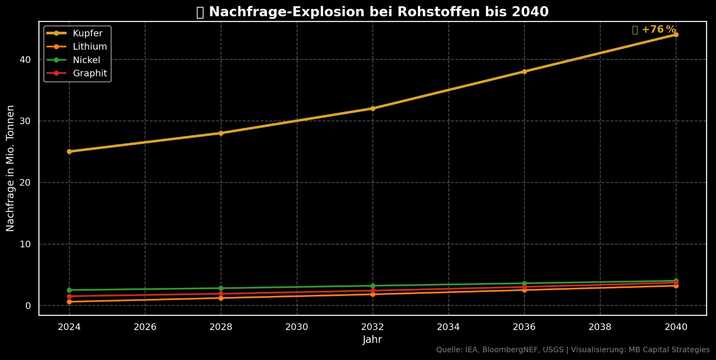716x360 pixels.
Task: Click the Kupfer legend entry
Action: tap(87, 34)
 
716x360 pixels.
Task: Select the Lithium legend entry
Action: tap(89, 47)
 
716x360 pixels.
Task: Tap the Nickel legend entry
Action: tap(86, 60)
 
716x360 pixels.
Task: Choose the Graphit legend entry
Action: tap(89, 74)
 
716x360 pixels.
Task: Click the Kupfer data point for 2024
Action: tap(69, 152)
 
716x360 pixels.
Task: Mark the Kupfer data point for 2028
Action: tap(221, 133)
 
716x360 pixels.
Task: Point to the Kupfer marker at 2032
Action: tap(373, 108)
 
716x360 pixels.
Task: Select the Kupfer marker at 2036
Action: tap(524, 72)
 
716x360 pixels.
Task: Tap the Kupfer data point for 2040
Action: tap(676, 34)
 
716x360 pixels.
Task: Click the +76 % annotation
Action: tap(658, 30)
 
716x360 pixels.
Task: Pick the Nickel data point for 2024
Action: tap(69, 290)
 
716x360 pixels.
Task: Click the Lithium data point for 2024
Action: tap(69, 302)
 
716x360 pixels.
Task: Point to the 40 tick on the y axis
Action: tap(25, 59)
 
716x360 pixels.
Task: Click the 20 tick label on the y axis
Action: tap(25, 182)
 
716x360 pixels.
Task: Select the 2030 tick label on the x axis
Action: tap(297, 327)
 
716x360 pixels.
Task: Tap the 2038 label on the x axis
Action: tap(600, 327)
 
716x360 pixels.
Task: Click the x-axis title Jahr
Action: tap(372, 339)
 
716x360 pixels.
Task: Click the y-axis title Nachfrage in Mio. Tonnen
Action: tap(10, 169)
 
